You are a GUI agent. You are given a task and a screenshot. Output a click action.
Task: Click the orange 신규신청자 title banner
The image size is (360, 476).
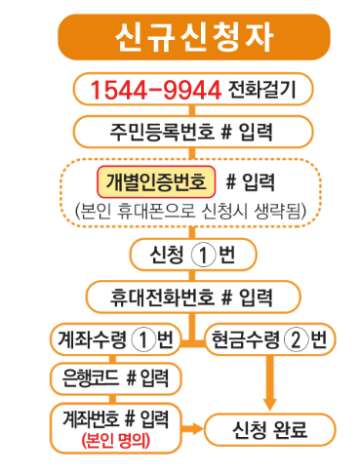180,37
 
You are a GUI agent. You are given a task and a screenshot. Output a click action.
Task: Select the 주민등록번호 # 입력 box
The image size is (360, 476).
180,131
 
